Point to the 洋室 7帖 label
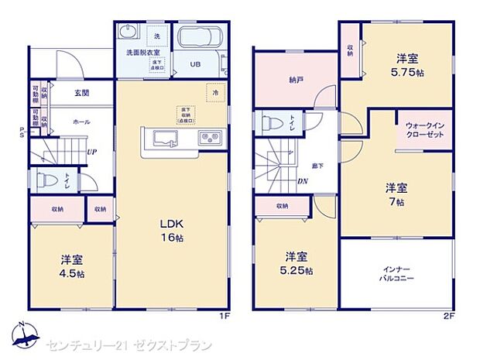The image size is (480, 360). point(396,194)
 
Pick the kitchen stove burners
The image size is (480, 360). point(210,139)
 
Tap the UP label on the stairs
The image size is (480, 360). point(91,153)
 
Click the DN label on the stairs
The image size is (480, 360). point(303,182)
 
